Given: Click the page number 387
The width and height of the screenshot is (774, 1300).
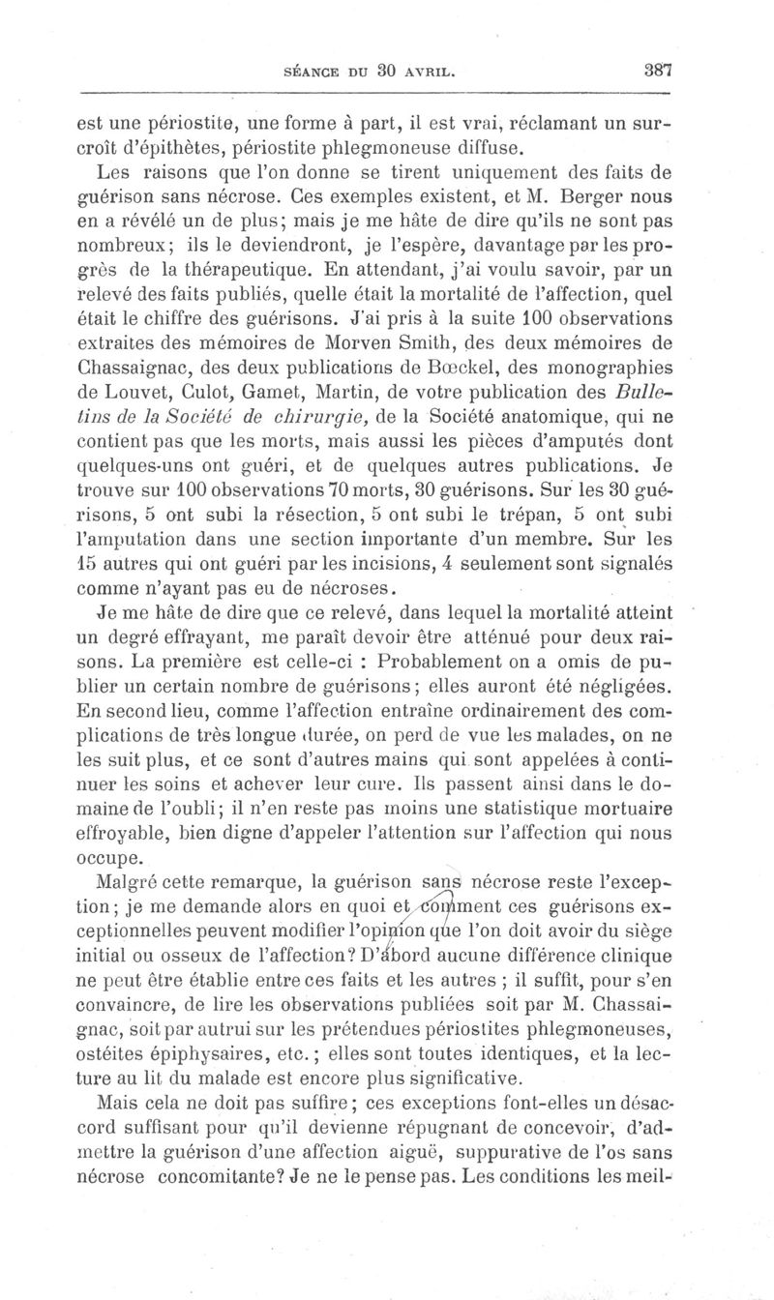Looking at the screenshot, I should [x=656, y=70].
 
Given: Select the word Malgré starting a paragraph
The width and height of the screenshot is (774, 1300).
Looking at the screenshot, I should [x=131, y=882].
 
